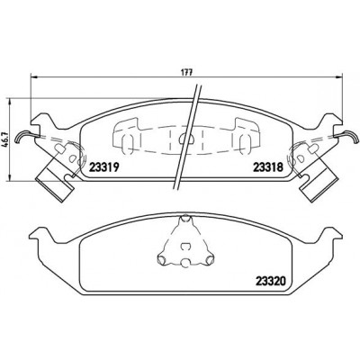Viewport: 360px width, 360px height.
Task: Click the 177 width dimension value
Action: coord(186,73)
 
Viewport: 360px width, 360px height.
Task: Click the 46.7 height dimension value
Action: coord(4,139)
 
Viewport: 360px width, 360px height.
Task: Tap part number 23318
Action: coord(268,167)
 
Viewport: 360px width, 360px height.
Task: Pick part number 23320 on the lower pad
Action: coord(270,281)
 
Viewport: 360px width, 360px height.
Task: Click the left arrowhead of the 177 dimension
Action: coord(34,77)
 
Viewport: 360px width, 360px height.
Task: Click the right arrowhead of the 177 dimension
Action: coord(339,77)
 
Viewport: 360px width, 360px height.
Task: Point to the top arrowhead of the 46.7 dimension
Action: coord(11,101)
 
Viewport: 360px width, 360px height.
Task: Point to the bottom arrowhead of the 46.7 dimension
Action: coord(11,178)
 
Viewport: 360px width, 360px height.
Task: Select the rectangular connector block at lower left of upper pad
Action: coord(55,184)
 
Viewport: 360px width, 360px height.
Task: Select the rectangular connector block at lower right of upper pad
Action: coord(319,184)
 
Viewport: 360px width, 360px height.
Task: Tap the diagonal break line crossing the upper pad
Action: coord(187,137)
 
